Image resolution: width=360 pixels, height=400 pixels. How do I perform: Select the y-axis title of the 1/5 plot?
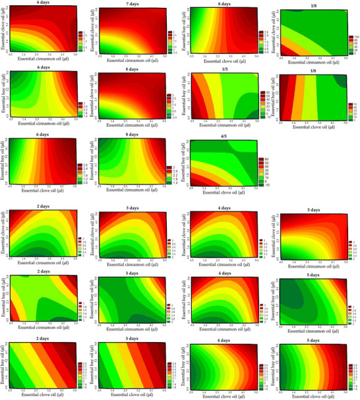182,96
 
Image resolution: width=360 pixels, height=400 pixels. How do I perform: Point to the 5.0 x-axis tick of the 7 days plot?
164,55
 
